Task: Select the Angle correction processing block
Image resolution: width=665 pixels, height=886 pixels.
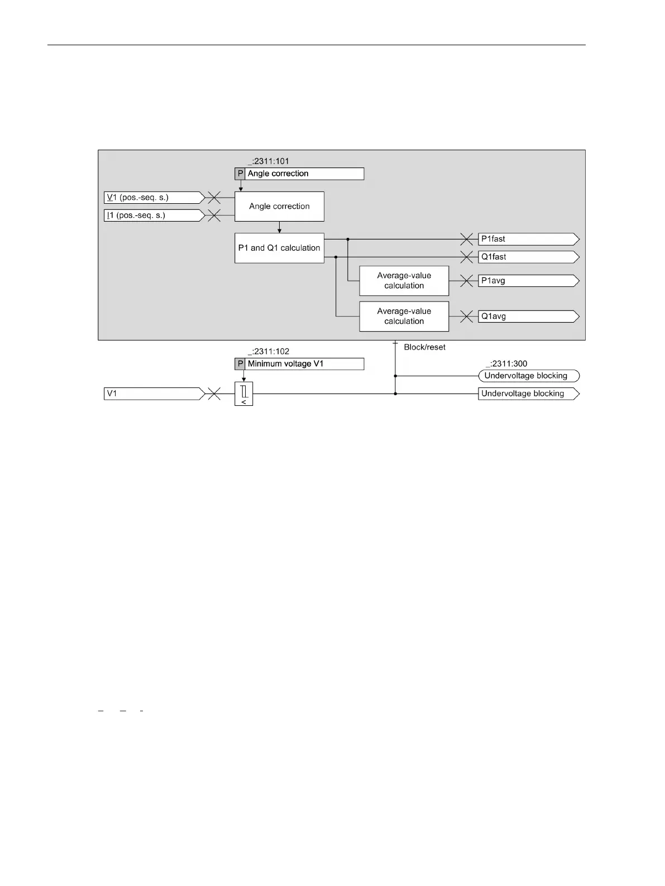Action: (x=279, y=206)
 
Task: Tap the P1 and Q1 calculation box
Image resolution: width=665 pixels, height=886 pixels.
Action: (x=279, y=248)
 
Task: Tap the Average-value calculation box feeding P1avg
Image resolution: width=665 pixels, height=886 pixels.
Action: (x=404, y=281)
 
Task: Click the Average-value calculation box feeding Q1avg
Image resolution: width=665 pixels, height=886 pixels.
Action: (x=404, y=317)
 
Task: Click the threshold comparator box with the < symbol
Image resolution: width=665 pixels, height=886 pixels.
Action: (x=243, y=394)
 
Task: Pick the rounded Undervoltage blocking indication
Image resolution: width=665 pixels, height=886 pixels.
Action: (x=528, y=376)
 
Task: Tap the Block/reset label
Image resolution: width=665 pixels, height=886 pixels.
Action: (x=424, y=347)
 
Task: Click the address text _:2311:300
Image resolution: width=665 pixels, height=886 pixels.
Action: (x=506, y=363)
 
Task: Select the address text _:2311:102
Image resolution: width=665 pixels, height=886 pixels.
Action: (x=269, y=352)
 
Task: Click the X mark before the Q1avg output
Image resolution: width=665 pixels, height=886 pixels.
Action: (x=466, y=317)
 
